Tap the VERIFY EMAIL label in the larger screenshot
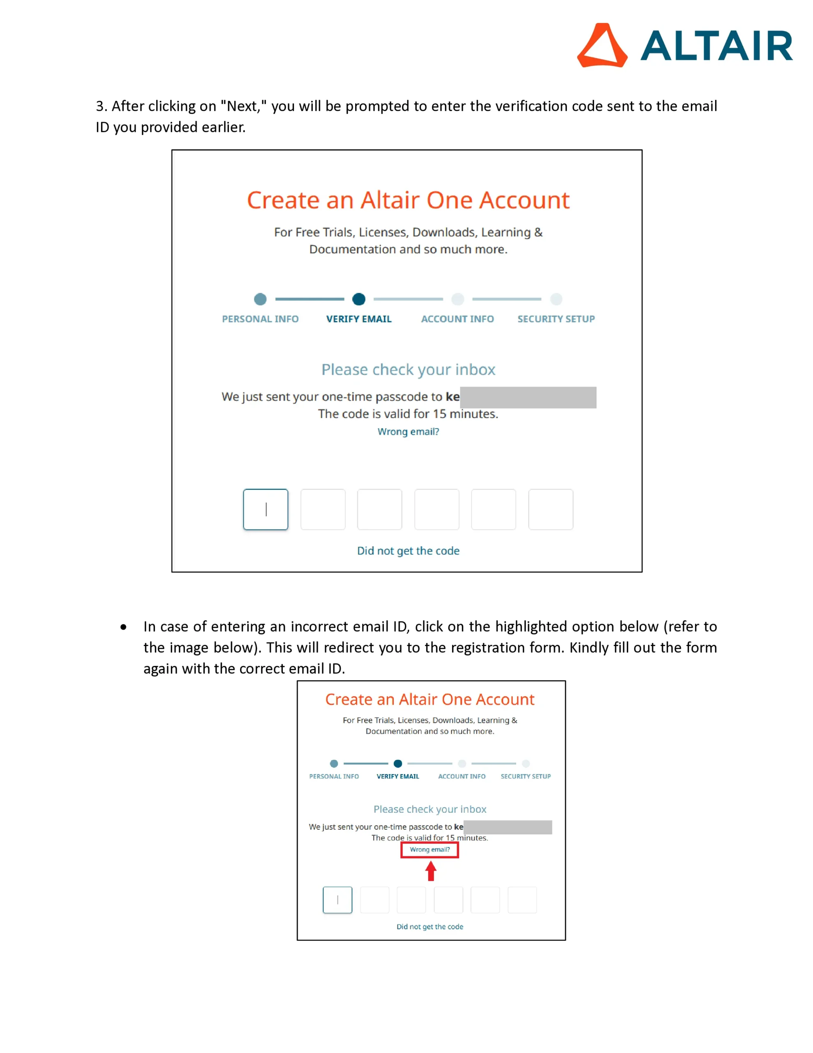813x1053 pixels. point(358,319)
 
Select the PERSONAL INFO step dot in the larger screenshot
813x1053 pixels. point(260,299)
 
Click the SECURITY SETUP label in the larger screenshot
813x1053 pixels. point(556,319)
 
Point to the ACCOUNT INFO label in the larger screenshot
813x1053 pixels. point(457,319)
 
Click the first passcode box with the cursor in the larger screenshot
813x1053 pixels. point(266,509)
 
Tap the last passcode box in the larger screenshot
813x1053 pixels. point(550,509)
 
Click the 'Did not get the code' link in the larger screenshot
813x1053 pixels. point(408,551)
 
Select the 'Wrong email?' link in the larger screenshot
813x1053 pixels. point(408,431)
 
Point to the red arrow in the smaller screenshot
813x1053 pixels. point(431,871)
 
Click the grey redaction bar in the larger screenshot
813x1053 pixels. point(528,397)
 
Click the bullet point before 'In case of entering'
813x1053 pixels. point(124,627)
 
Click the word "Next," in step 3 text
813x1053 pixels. point(243,106)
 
